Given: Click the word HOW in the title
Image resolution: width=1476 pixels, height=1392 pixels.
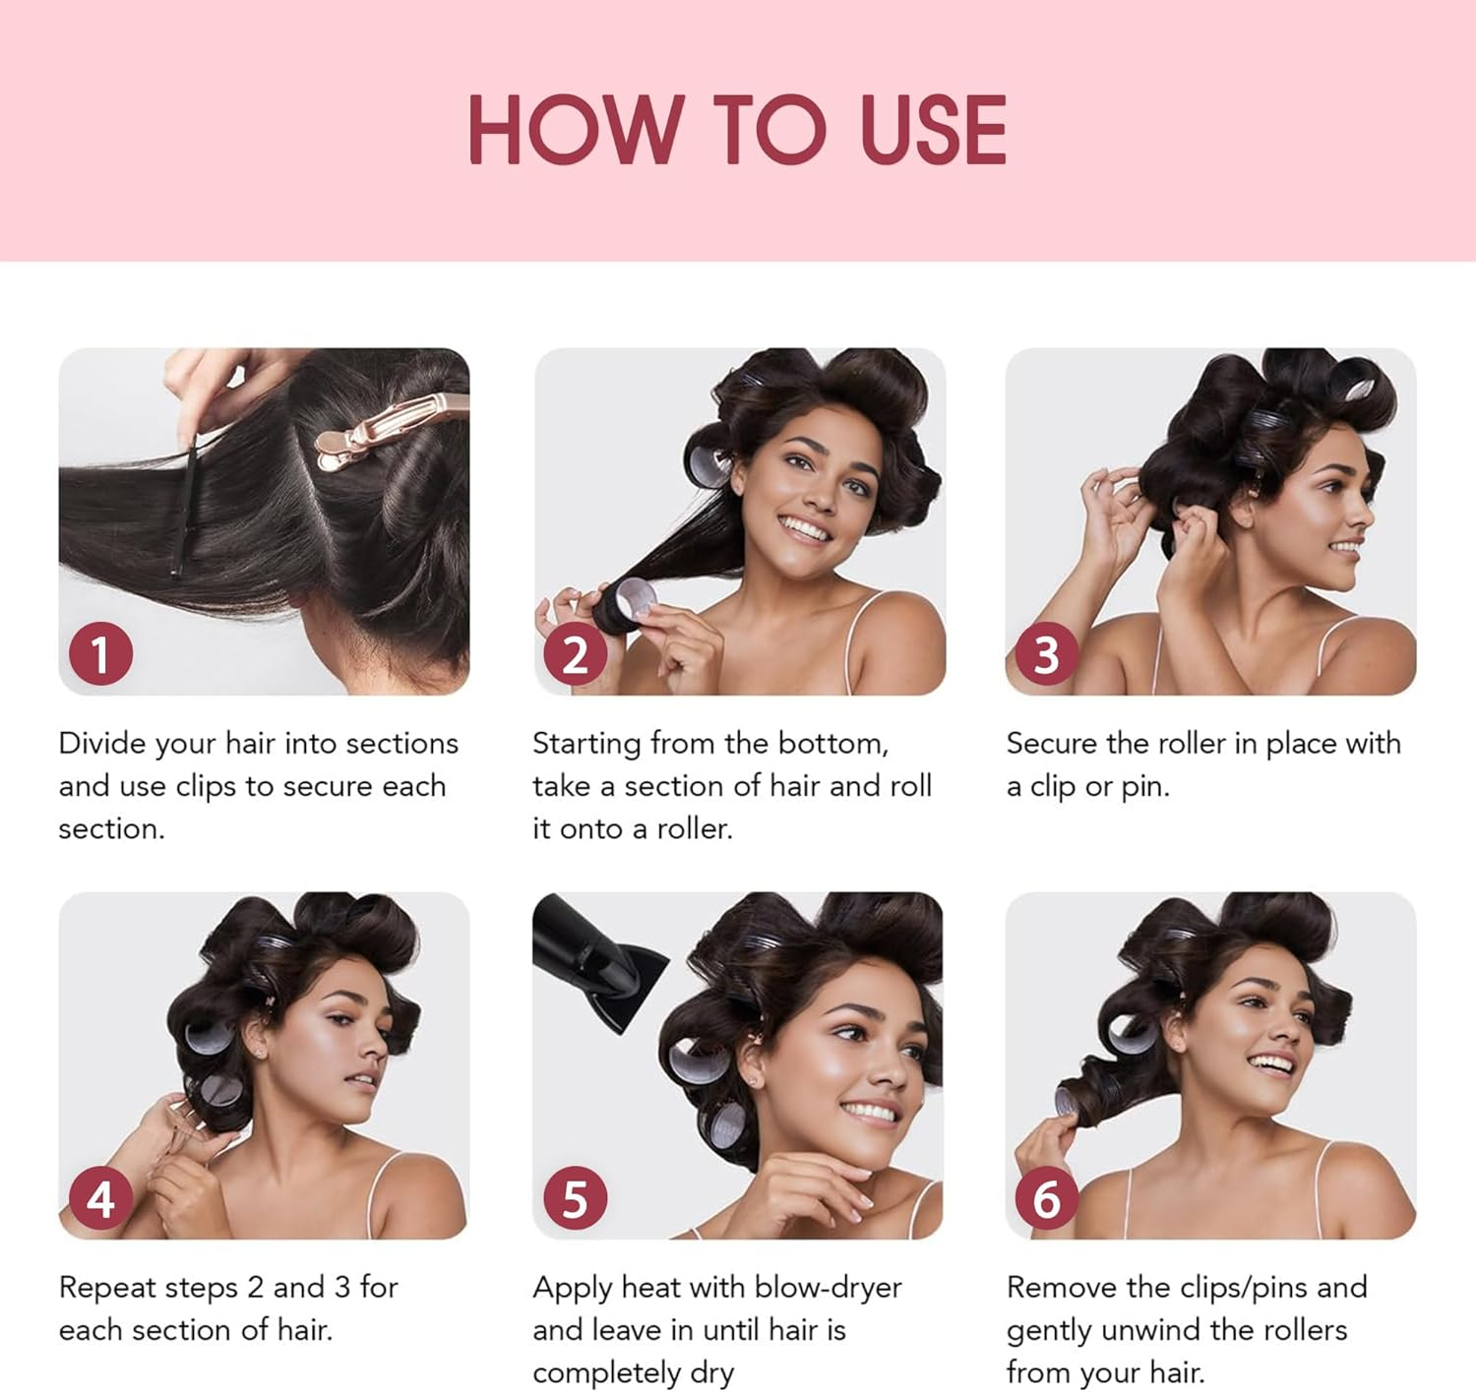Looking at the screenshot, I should click(574, 130).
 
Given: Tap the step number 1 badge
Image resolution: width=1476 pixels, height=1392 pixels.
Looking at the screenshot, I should click(100, 654).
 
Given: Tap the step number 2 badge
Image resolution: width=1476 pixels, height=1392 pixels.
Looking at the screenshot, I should click(575, 654).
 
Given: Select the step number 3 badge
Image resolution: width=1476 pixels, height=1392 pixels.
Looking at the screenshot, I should click(1046, 654).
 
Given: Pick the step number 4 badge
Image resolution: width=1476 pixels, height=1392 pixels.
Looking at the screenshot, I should click(100, 1198).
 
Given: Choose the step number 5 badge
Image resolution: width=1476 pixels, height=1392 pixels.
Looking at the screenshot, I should click(575, 1198).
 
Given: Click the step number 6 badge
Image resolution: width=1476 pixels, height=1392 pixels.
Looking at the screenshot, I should click(1046, 1198).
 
